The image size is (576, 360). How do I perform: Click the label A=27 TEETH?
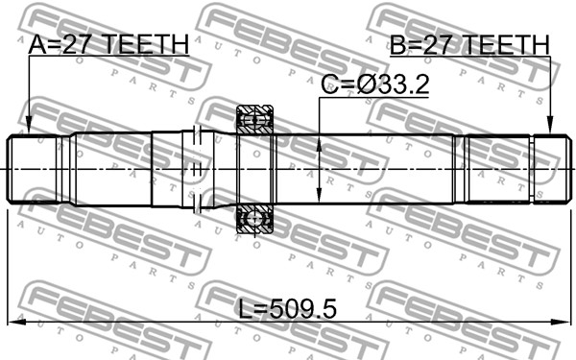[108, 44]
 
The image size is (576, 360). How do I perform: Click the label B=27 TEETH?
[469, 45]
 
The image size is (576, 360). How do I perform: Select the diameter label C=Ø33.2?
[375, 84]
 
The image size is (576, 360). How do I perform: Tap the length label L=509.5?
[288, 309]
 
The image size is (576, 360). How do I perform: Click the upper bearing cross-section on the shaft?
[254, 120]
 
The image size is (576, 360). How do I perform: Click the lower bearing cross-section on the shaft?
[254, 219]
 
